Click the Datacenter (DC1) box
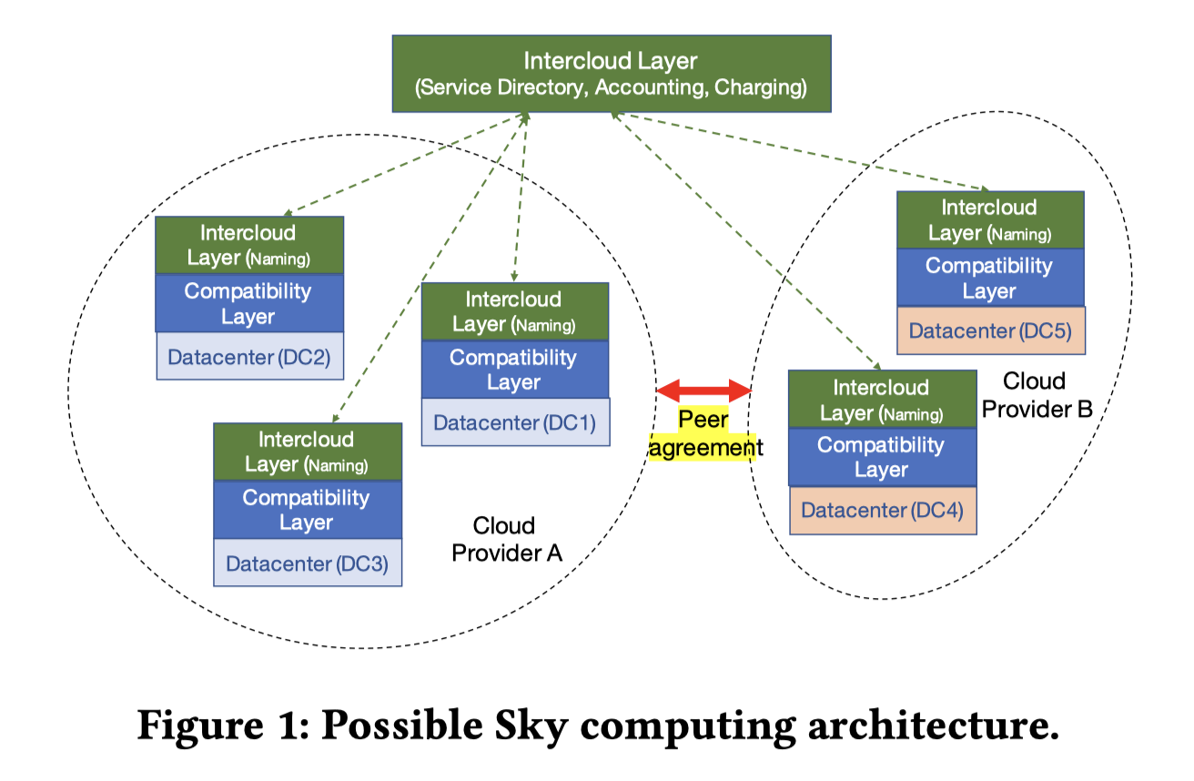[x=515, y=422]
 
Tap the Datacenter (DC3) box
[x=308, y=563]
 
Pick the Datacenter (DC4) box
[x=882, y=510]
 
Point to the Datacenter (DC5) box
[x=990, y=330]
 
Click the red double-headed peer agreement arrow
[x=704, y=391]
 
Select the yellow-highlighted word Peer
[x=703, y=421]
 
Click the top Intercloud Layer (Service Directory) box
[x=611, y=74]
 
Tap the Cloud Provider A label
[x=506, y=539]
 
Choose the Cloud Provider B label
[x=1037, y=394]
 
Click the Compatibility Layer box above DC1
[x=515, y=370]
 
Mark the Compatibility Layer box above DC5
[x=990, y=278]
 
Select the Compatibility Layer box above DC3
[x=308, y=510]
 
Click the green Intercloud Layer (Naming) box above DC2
[x=249, y=245]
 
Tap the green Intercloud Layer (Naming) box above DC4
[x=882, y=400]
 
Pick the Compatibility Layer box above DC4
[x=882, y=457]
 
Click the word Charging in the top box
[x=761, y=88]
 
